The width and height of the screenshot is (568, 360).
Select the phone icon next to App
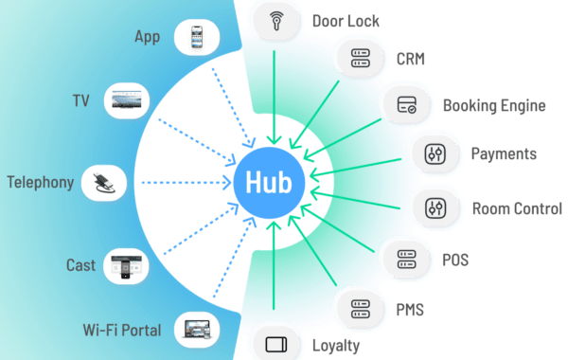coord(196,38)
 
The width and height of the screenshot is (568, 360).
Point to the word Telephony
coord(41,180)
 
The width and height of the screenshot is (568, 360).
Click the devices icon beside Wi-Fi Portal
coord(196,330)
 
